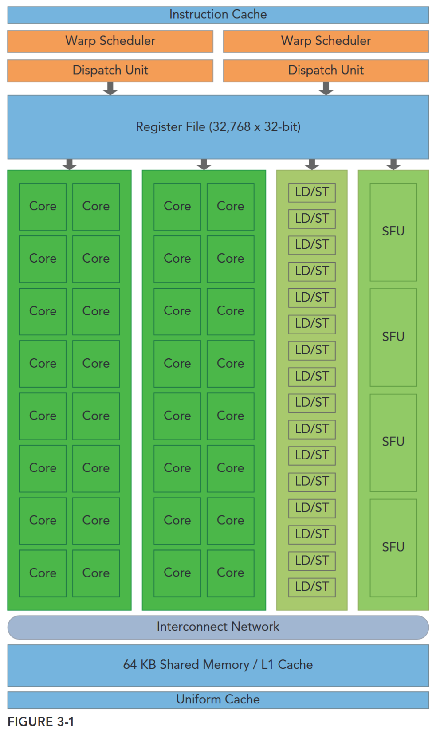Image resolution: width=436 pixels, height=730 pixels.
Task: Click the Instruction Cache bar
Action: coord(218,15)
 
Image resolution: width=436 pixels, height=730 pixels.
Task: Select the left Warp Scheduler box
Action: coord(110,41)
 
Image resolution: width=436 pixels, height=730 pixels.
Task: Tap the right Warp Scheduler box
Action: coord(326,41)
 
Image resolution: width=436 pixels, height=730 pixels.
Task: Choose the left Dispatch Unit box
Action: coord(110,71)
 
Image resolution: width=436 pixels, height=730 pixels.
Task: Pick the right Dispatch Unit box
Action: coord(326,71)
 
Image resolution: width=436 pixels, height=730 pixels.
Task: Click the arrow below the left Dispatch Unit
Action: coord(110,89)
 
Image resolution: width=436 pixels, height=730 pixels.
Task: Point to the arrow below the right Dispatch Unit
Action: coord(326,89)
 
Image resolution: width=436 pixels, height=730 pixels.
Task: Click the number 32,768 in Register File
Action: coord(231,127)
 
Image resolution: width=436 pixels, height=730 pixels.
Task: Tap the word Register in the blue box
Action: coord(159,127)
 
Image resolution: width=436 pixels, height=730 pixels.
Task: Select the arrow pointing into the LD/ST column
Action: coord(312,165)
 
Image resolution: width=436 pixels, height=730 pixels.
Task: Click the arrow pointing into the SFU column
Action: coord(393,165)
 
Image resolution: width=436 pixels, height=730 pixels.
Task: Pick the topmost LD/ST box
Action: coord(312,192)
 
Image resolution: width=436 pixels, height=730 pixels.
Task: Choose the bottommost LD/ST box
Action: coord(312,587)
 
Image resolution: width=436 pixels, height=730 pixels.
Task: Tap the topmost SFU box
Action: coord(393,232)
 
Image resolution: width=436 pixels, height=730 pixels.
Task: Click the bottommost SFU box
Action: coord(393,547)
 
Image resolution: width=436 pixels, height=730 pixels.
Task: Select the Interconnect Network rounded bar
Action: coord(218,627)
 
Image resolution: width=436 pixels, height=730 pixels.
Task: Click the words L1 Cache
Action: coord(287,665)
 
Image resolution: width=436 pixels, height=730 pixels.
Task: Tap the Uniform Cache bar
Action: coord(218,699)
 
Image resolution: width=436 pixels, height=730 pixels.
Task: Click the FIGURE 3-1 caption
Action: coord(41,722)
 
